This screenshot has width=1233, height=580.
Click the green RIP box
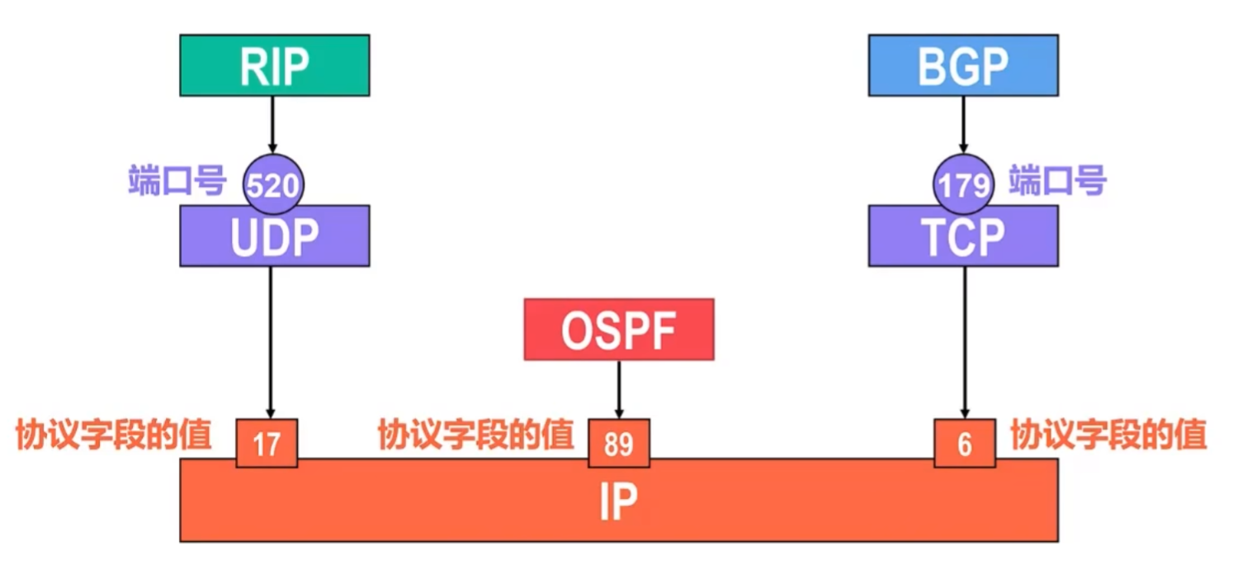pos(274,65)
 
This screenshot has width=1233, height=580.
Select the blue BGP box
pos(962,65)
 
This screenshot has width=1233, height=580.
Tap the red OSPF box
pos(618,330)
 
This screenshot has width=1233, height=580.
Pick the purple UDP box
pos(274,237)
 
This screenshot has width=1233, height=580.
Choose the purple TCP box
pos(962,237)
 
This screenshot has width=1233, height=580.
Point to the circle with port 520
pos(273,183)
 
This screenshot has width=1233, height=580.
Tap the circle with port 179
pos(963,183)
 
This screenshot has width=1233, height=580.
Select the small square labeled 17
pos(267,444)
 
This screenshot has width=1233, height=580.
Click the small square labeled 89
pos(618,444)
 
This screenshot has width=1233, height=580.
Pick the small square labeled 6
pos(964,444)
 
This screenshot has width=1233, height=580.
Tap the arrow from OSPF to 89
pos(618,388)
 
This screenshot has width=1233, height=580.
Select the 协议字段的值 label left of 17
pos(114,435)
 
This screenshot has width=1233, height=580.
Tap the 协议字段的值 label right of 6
pos(1108,435)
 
